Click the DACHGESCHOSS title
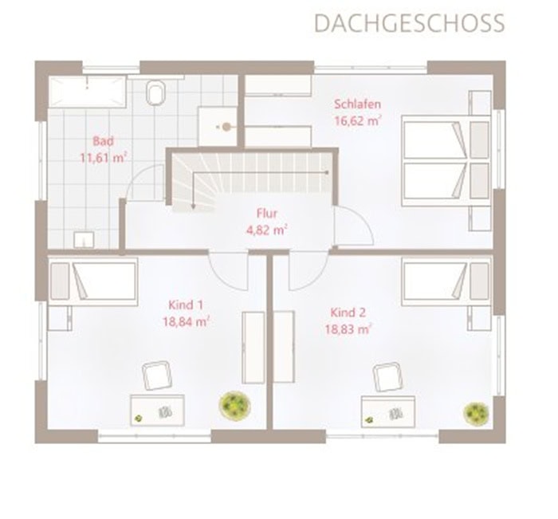click(x=409, y=23)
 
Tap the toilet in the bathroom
click(x=156, y=92)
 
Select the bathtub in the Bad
click(x=88, y=92)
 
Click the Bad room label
click(x=103, y=141)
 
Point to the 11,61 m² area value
click(x=103, y=157)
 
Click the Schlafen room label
click(x=357, y=104)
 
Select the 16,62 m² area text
click(x=358, y=120)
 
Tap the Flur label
click(x=267, y=213)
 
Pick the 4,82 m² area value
click(x=267, y=230)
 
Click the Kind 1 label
click(x=186, y=305)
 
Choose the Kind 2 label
click(x=348, y=313)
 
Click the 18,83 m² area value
click(x=348, y=329)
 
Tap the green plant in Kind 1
click(x=234, y=406)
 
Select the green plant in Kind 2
click(x=476, y=413)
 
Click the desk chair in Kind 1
click(x=157, y=376)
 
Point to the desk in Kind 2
click(x=388, y=411)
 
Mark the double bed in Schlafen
click(x=446, y=160)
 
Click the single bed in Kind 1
click(x=93, y=281)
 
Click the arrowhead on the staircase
click(x=193, y=206)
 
